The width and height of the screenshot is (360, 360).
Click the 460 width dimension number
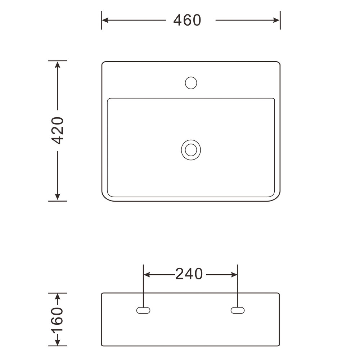click(187, 20)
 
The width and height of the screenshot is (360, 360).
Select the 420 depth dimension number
click(57, 130)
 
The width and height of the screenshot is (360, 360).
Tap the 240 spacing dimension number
click(189, 274)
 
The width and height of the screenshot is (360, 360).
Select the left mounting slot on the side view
click(143, 310)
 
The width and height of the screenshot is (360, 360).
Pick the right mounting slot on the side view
click(238, 310)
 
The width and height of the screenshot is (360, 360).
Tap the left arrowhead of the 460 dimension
click(105, 20)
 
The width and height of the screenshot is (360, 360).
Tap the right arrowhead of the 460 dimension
click(276, 20)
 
